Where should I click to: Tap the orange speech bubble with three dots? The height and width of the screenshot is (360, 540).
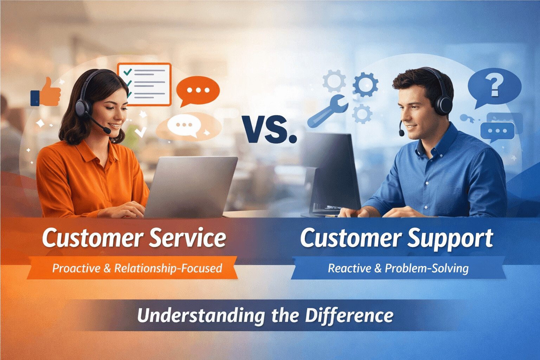click(x=198, y=90)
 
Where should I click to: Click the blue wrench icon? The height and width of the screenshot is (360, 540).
click(x=327, y=111)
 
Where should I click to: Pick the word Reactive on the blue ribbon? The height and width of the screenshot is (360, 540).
click(x=349, y=268)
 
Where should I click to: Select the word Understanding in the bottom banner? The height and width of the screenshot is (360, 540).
click(x=201, y=315)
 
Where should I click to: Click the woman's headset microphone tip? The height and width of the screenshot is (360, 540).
click(x=107, y=131)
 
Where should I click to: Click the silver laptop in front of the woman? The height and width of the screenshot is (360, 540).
click(x=192, y=186)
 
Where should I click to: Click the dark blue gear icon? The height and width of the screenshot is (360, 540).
click(x=366, y=85)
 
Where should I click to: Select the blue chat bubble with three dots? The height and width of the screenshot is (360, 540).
click(x=497, y=131)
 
